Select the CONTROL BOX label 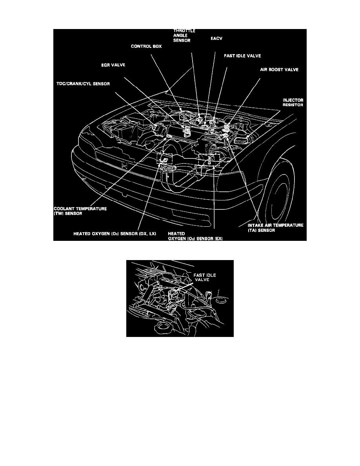(x=146, y=46)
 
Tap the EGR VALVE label (x=111, y=65)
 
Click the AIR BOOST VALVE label (x=279, y=69)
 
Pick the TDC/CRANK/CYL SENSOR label (x=82, y=84)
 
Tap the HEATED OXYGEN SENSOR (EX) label (x=195, y=236)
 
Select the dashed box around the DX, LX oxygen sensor (x=164, y=158)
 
